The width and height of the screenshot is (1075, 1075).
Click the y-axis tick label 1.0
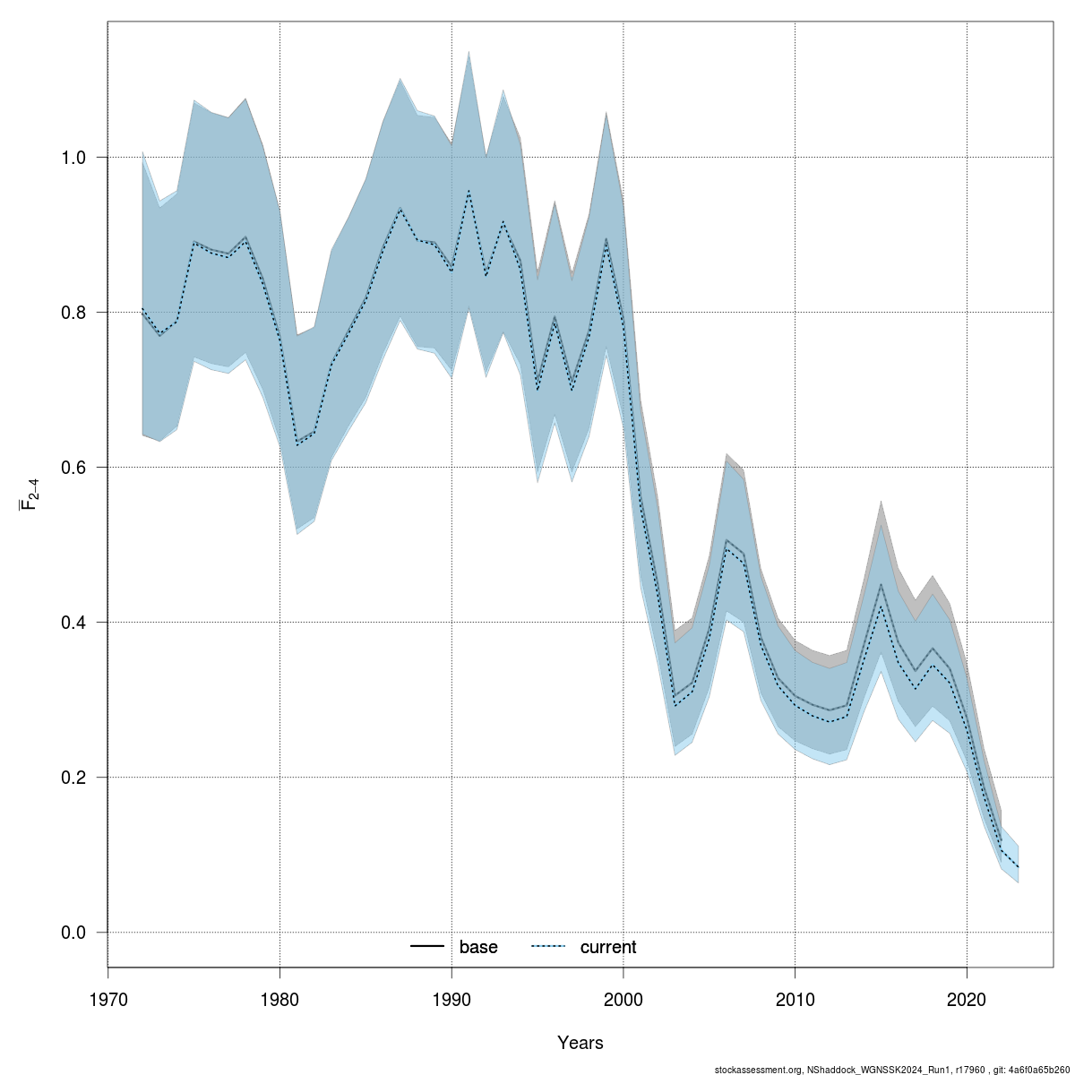tap(74, 158)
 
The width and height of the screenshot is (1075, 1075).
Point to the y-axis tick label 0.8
tap(74, 313)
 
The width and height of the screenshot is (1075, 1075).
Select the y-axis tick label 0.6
tap(74, 468)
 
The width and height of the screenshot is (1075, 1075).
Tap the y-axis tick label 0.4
tap(74, 623)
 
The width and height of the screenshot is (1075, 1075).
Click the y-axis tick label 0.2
tap(74, 778)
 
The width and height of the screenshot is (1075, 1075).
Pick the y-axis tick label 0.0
tap(74, 933)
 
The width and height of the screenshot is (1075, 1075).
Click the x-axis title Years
tap(580, 1043)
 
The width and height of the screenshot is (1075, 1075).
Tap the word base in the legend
tap(478, 948)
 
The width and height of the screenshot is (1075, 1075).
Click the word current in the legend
tap(608, 948)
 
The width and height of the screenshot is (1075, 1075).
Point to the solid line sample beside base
tap(427, 947)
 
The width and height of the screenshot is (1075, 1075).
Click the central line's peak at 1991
tap(469, 191)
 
